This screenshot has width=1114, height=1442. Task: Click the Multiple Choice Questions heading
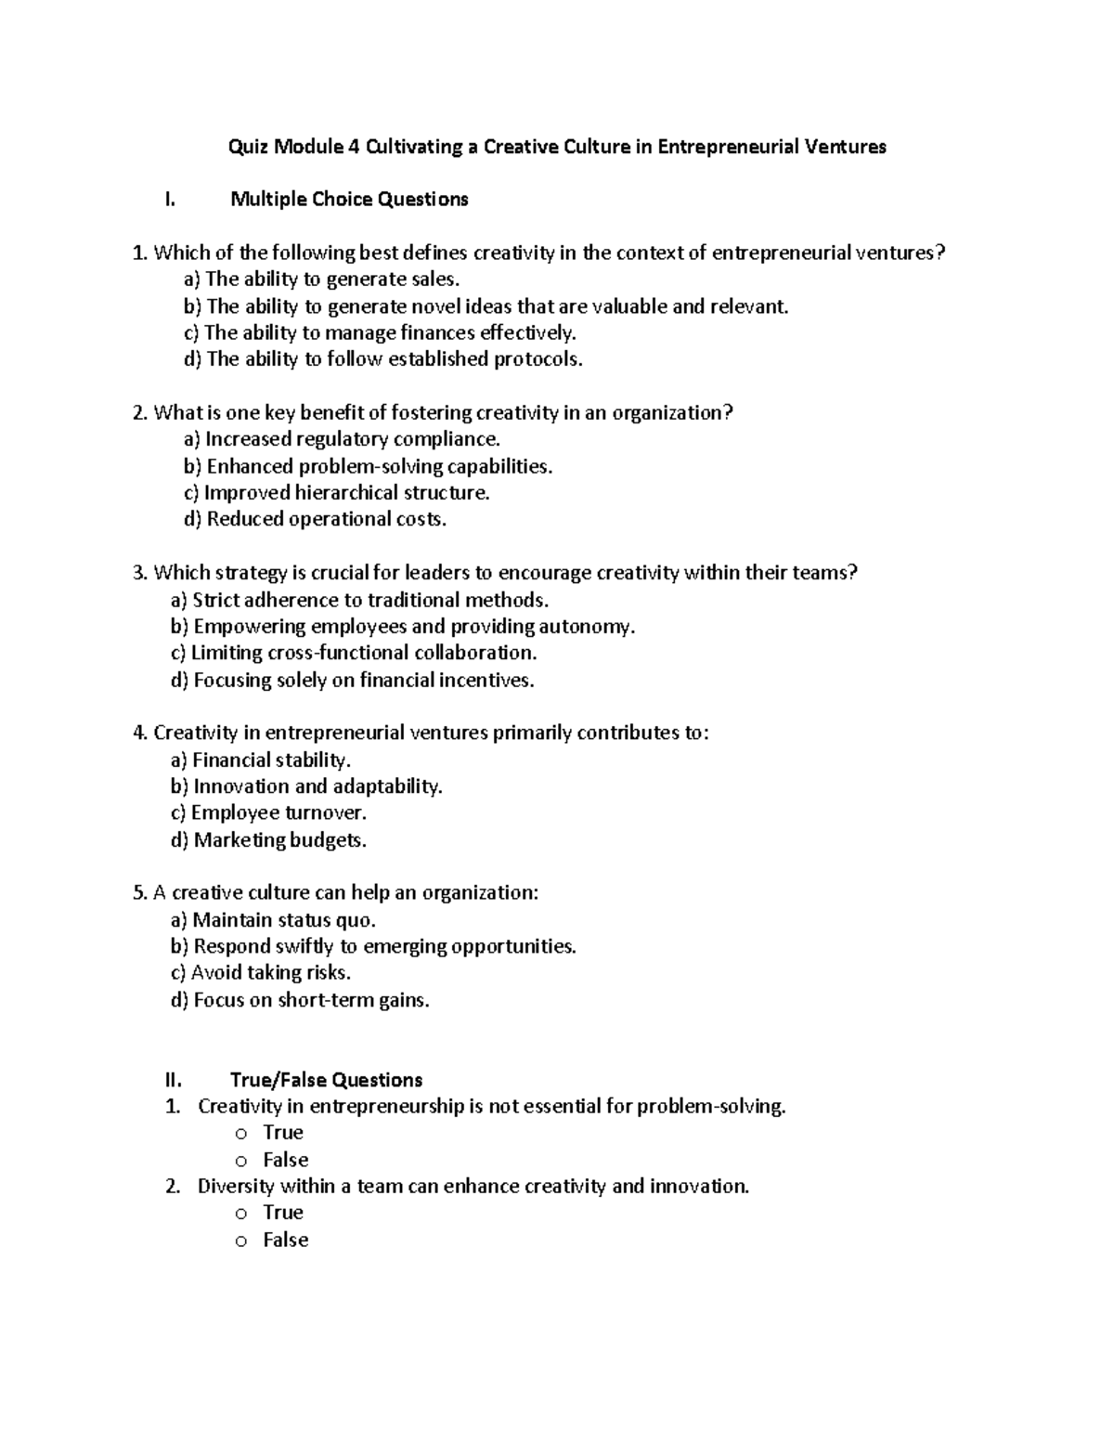coord(349,200)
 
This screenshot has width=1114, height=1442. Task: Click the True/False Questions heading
coord(326,1080)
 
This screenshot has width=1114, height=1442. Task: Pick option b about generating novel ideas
coord(486,306)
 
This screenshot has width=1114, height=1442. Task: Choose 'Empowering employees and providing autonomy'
coord(403,627)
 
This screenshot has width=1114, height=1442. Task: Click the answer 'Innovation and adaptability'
coord(306,786)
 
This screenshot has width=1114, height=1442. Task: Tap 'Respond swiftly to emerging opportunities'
coord(373,946)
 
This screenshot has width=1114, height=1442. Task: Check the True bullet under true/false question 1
coord(241,1134)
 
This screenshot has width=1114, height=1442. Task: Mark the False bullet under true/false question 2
coord(241,1241)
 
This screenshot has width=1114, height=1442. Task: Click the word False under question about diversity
coord(285,1240)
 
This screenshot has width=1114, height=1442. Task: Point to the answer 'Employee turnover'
coord(269,813)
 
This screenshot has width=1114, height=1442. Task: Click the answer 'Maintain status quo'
coord(273,920)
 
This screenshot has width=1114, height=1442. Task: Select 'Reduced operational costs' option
coord(315,519)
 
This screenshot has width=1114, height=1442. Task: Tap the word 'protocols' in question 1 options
coord(538,359)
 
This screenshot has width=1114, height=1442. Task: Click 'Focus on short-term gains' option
coord(300,1000)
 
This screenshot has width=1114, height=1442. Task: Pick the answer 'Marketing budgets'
coord(269,840)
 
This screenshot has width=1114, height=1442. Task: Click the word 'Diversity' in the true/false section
coord(236,1187)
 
